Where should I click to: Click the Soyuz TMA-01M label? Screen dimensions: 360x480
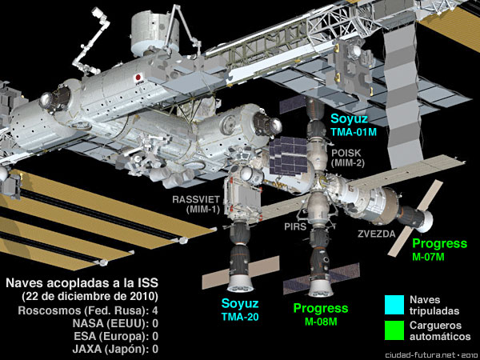click(358, 126)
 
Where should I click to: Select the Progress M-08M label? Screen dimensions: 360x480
click(320, 314)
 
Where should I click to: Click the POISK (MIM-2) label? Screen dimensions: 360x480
click(348, 155)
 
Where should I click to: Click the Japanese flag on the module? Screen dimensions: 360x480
click(138, 79)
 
